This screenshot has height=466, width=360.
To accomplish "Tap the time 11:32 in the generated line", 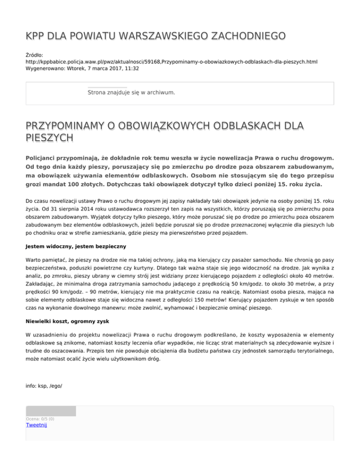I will (131, 68).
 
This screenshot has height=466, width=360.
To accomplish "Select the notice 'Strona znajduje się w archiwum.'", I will (131, 93).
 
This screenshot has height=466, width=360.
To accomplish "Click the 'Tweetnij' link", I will (37, 426).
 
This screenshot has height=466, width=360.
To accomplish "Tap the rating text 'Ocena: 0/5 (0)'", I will (40, 419).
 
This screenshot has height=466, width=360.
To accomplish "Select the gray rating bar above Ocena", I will (51, 411).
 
